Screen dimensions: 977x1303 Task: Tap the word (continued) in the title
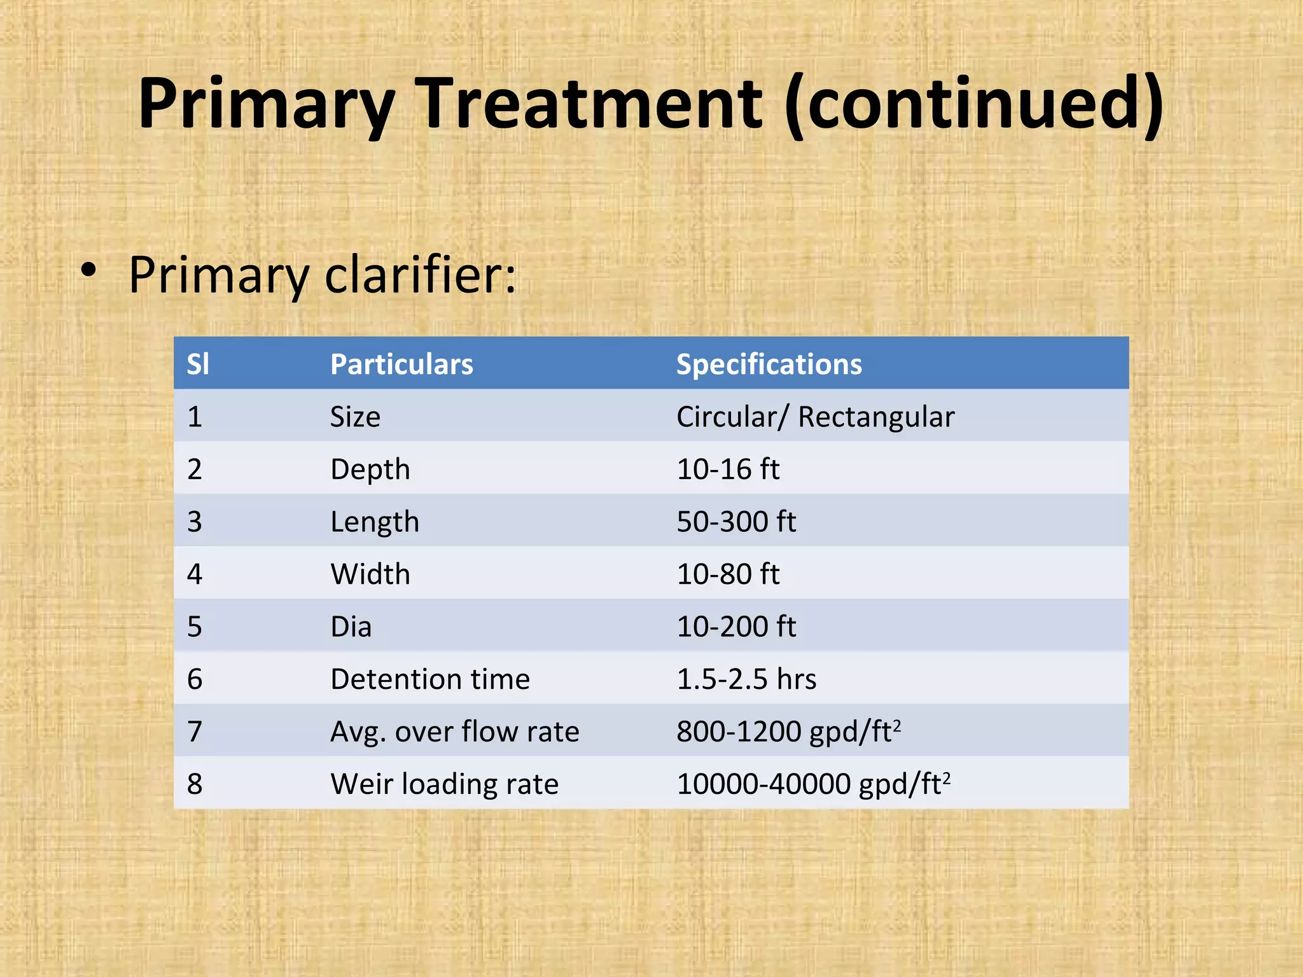tap(975, 104)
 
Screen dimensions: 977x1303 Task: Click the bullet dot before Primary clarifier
tap(88, 270)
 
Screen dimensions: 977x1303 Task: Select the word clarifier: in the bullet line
tap(421, 275)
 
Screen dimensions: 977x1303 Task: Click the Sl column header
tap(197, 364)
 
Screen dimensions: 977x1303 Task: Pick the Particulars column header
tap(401, 364)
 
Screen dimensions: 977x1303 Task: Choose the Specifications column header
tap(769, 364)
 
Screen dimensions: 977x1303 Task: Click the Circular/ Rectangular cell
tap(815, 417)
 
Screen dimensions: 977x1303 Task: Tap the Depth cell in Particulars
tap(370, 469)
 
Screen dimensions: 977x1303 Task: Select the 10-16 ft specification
tap(728, 469)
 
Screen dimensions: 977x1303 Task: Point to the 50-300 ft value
tap(736, 522)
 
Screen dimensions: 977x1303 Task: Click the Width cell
tap(370, 574)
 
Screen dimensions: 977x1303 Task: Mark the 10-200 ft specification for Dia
tap(736, 627)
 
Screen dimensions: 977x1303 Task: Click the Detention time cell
tap(430, 679)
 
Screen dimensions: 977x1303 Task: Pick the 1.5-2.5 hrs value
tap(746, 679)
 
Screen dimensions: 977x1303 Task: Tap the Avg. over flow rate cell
tap(454, 732)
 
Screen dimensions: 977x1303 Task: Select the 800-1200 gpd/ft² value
tap(788, 732)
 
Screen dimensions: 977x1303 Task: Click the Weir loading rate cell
tap(444, 784)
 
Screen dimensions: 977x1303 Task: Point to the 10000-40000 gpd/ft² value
tap(813, 784)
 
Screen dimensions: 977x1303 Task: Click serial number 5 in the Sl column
tap(195, 627)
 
